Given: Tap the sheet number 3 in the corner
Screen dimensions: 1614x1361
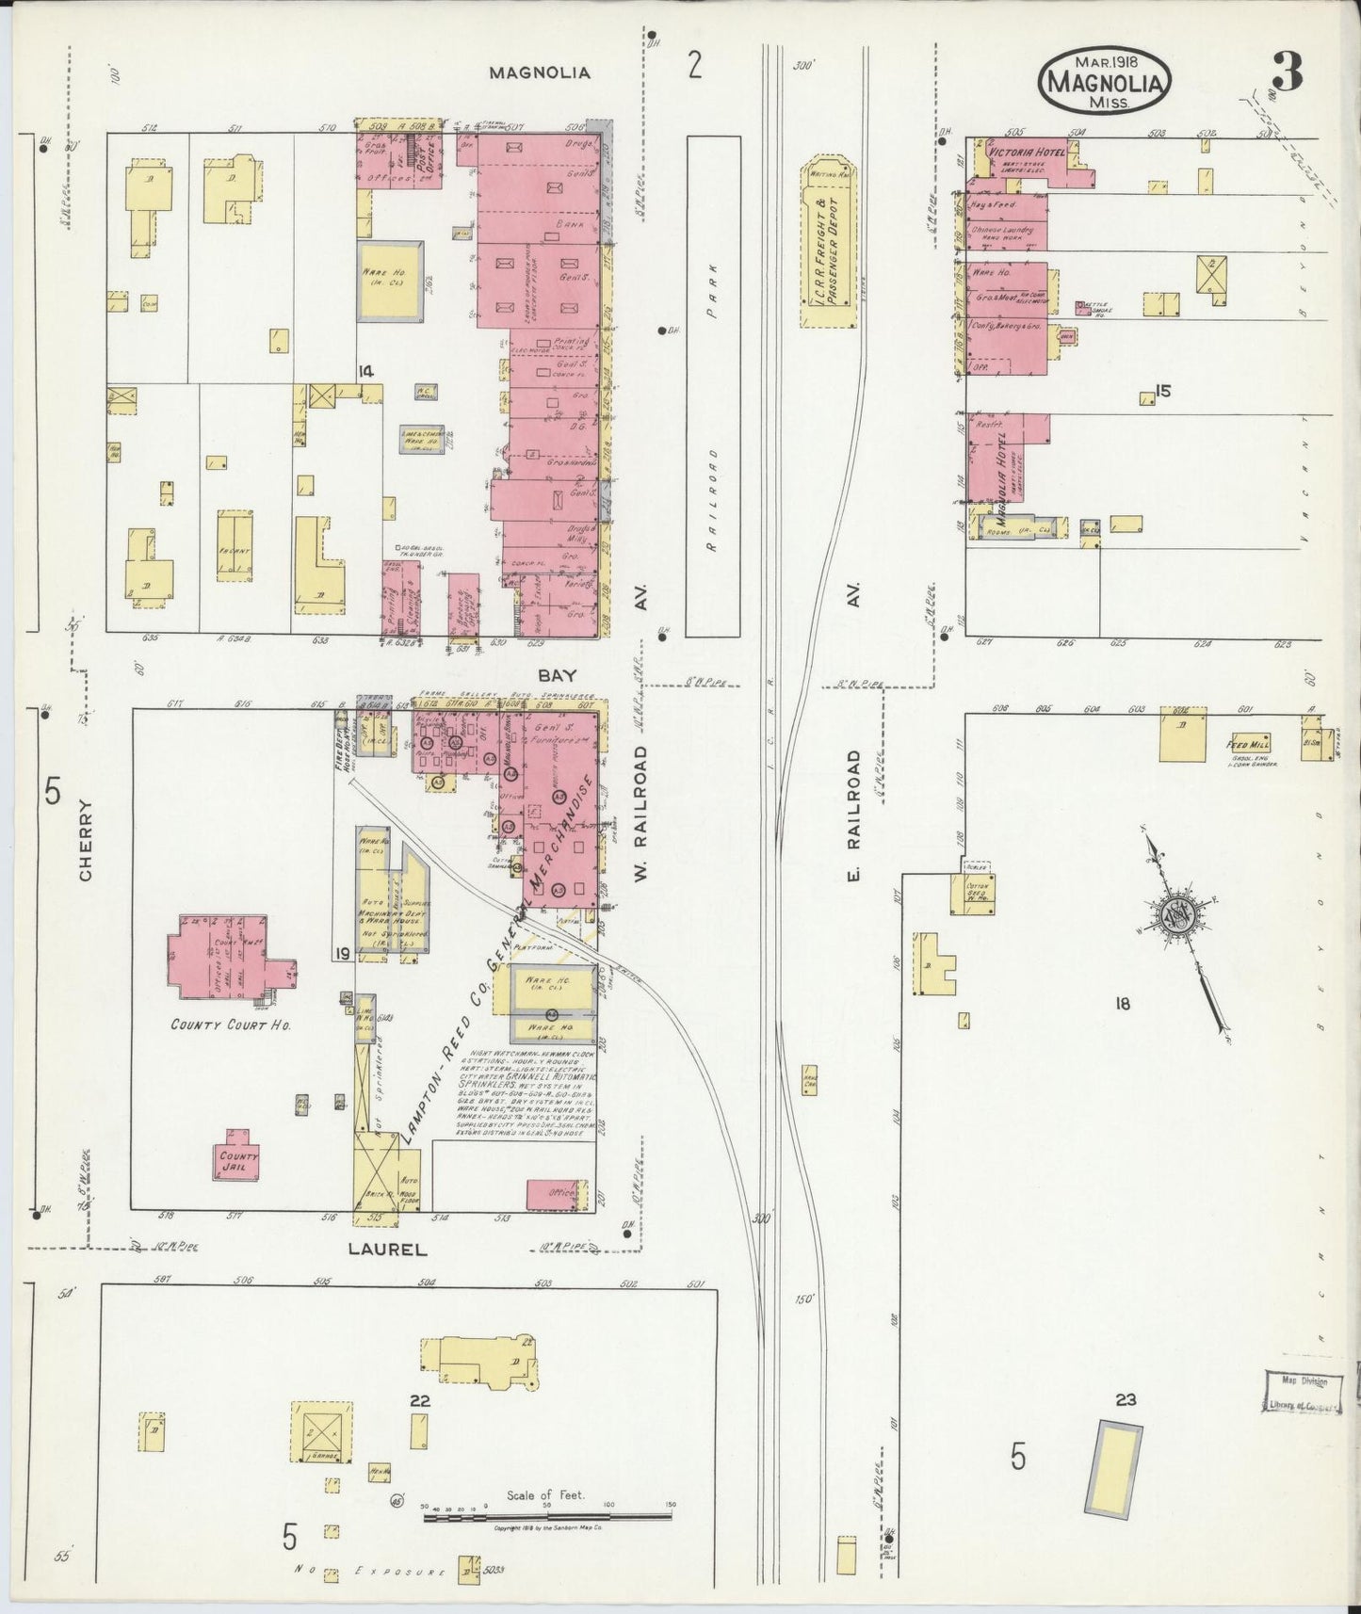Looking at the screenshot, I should click(x=1287, y=73).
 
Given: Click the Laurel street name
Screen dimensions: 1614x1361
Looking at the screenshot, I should click(x=388, y=1250).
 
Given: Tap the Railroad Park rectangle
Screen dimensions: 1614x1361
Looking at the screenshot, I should click(x=713, y=386).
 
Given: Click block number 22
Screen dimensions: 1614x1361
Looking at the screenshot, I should click(x=419, y=1400).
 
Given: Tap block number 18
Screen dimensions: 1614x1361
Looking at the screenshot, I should click(x=1121, y=1004).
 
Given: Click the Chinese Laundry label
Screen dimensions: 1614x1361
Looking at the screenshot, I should click(x=1001, y=230).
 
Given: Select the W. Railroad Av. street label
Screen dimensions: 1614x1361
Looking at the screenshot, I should click(x=641, y=815).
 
